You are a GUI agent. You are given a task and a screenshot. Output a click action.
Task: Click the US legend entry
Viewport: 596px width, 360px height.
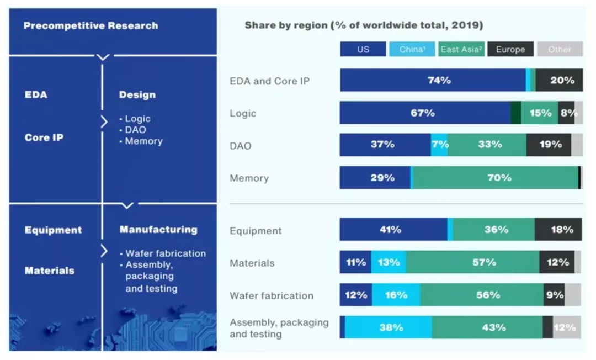point(363,49)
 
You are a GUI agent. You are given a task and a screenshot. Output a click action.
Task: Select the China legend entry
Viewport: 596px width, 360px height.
point(412,49)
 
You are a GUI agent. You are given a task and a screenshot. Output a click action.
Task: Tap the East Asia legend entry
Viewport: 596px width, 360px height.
point(462,49)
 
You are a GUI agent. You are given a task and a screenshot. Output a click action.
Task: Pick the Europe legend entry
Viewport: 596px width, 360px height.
point(510,49)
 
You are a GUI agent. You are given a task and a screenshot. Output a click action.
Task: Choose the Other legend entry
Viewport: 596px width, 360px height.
point(559,49)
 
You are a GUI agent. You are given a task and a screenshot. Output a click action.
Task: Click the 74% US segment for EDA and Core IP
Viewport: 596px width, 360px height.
point(433,80)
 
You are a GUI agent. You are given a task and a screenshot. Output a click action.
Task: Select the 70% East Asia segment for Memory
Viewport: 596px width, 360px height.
point(496,178)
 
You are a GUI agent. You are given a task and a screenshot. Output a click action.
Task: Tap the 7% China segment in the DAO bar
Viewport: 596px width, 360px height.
point(439,145)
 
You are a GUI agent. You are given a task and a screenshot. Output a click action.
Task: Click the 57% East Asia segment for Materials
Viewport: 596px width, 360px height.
point(473,262)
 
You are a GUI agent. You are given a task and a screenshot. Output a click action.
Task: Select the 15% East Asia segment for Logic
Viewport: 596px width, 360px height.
point(540,113)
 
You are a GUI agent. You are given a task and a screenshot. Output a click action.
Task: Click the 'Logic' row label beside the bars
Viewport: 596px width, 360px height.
point(243,113)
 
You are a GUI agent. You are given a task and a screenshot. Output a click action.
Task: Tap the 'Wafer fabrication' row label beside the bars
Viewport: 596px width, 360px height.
point(272,295)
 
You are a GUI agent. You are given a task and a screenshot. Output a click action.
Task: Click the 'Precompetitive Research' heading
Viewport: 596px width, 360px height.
point(91,25)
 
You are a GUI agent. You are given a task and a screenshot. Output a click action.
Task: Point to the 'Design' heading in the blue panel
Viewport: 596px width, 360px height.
point(137,94)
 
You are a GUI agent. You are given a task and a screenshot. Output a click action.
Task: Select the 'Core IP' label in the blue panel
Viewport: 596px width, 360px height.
point(44,137)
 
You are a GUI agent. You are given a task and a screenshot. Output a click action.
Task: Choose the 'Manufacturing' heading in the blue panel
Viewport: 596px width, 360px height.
point(158,229)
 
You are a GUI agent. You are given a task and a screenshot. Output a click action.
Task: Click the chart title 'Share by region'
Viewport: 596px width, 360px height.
point(364,25)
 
